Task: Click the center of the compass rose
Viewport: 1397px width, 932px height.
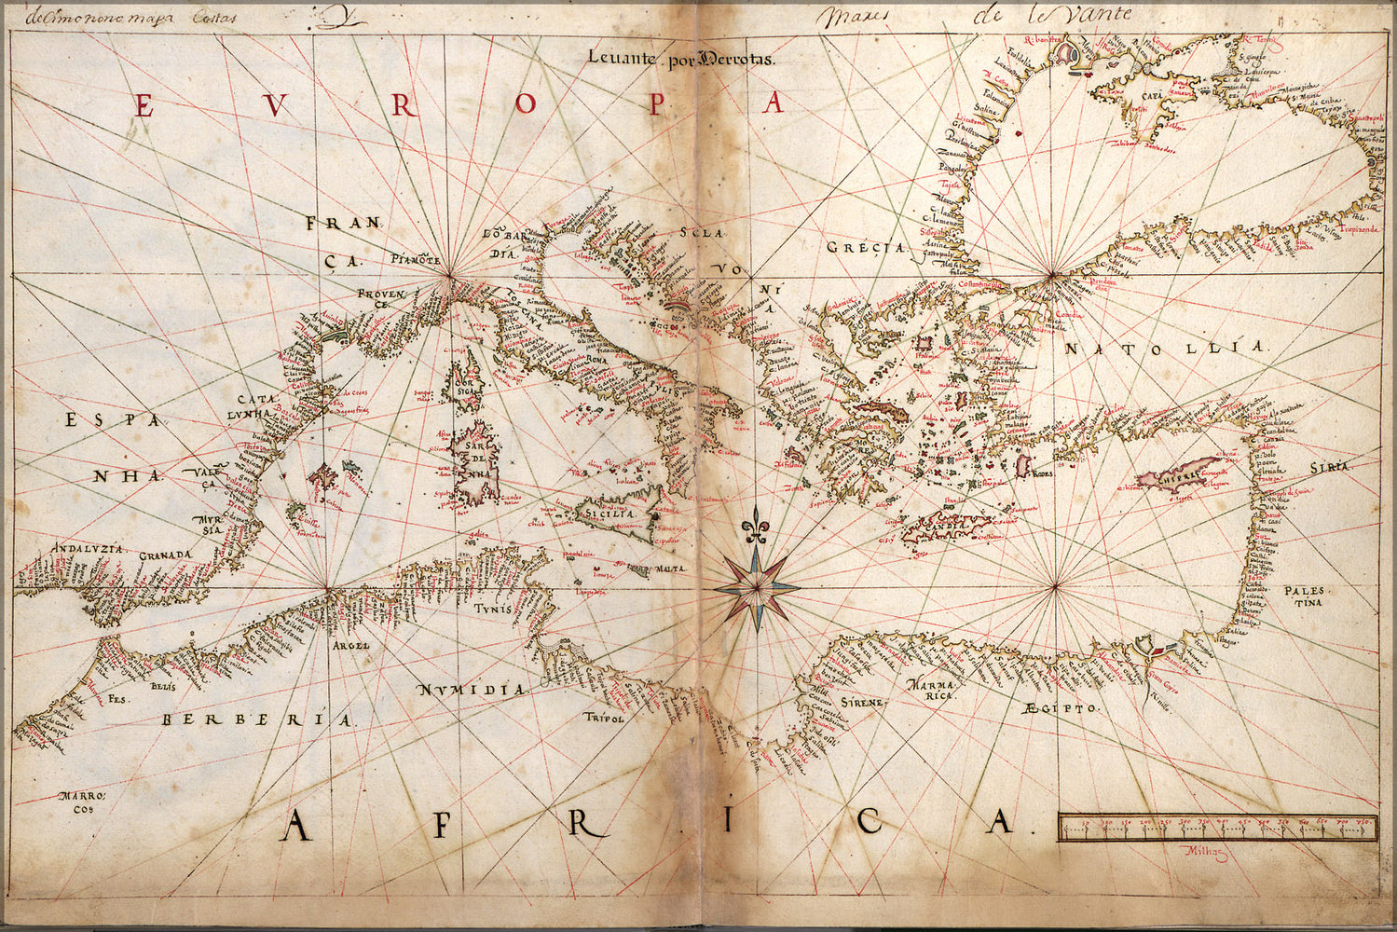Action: (x=756, y=588)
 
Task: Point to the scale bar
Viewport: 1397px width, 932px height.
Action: (x=1218, y=827)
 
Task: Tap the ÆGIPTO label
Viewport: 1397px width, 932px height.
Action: (x=1061, y=709)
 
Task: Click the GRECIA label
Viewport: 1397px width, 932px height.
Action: (x=866, y=248)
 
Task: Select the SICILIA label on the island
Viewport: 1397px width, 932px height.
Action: (x=609, y=514)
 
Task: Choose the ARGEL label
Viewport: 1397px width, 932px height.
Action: (x=351, y=644)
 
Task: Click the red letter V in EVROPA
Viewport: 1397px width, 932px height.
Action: (x=274, y=105)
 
